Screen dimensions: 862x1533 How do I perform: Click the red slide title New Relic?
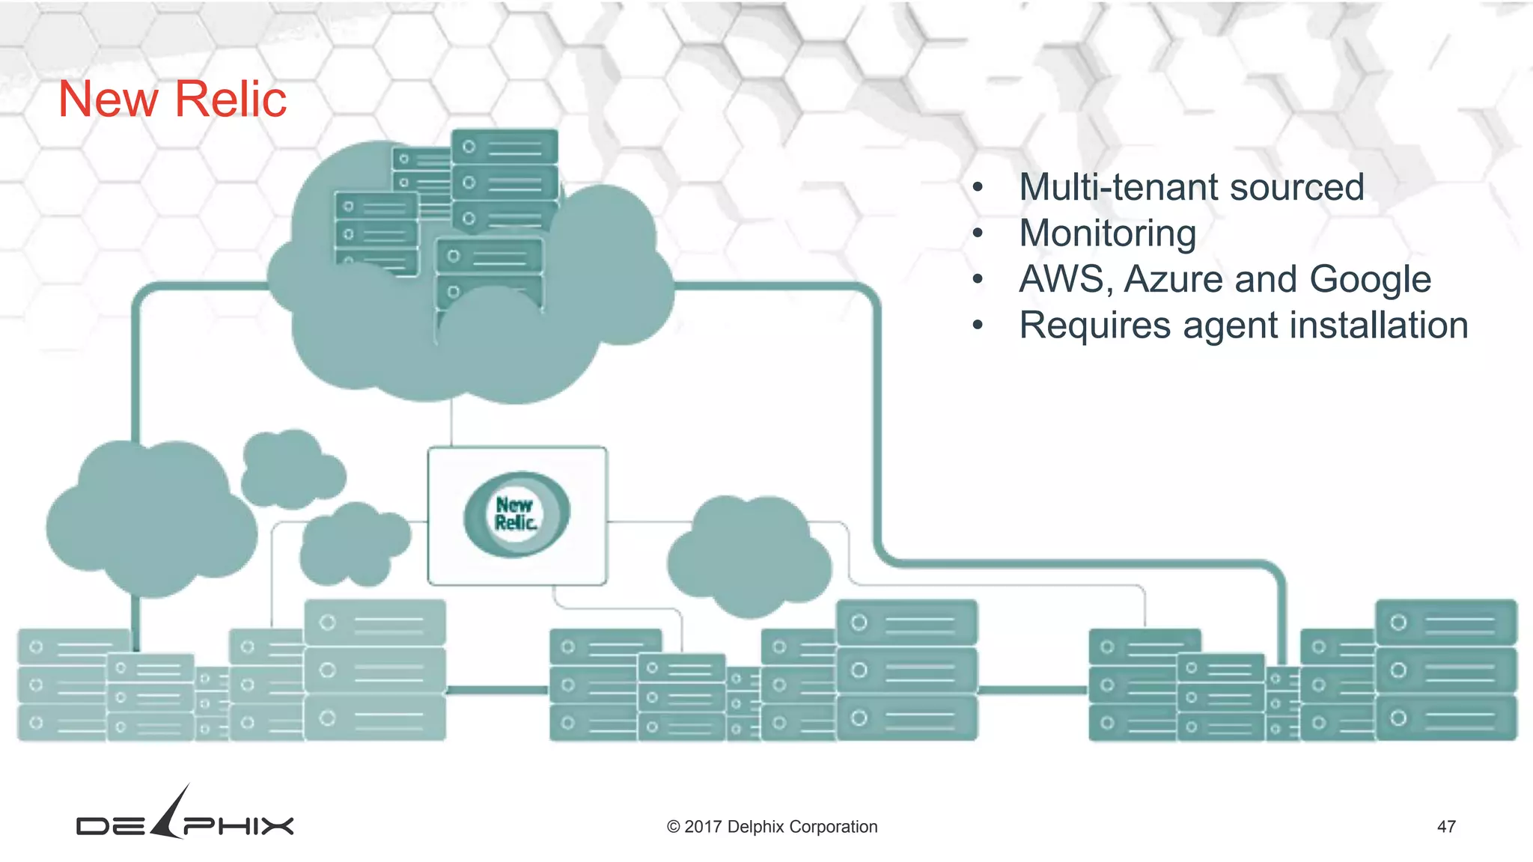coord(172,99)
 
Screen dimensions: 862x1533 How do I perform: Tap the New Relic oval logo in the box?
coord(516,514)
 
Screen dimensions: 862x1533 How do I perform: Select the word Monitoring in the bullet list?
coord(1107,233)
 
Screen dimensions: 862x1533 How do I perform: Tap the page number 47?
coord(1446,827)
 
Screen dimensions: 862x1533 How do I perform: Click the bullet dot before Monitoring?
coord(977,233)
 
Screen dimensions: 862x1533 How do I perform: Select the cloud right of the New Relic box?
coord(749,557)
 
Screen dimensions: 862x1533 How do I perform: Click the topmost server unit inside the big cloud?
coord(505,147)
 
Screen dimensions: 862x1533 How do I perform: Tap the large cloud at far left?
coord(150,520)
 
